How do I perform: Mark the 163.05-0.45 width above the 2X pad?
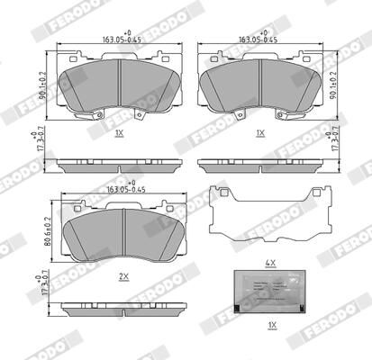[123, 190]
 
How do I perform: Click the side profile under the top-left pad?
[120, 166]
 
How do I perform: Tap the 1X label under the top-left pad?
[120, 132]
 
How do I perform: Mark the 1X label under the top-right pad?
[260, 132]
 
